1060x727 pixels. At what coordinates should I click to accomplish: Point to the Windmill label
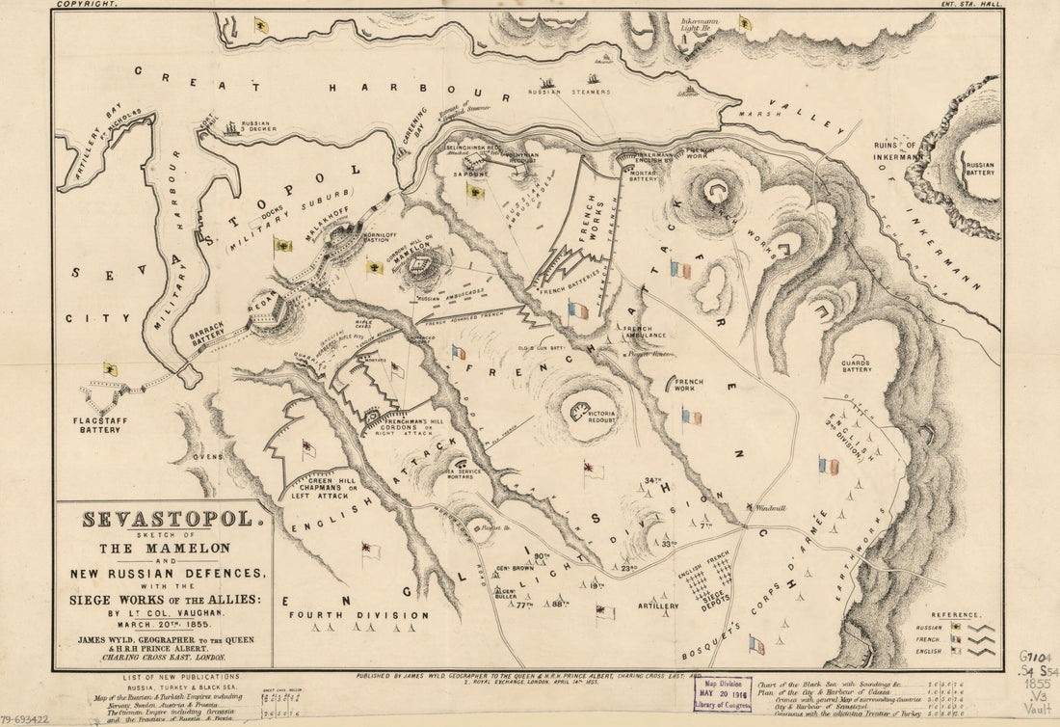(x=768, y=507)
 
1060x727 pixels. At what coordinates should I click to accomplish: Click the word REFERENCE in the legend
(x=953, y=613)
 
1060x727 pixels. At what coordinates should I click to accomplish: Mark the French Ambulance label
(x=638, y=333)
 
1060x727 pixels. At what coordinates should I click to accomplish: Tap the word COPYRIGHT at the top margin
(x=90, y=5)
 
